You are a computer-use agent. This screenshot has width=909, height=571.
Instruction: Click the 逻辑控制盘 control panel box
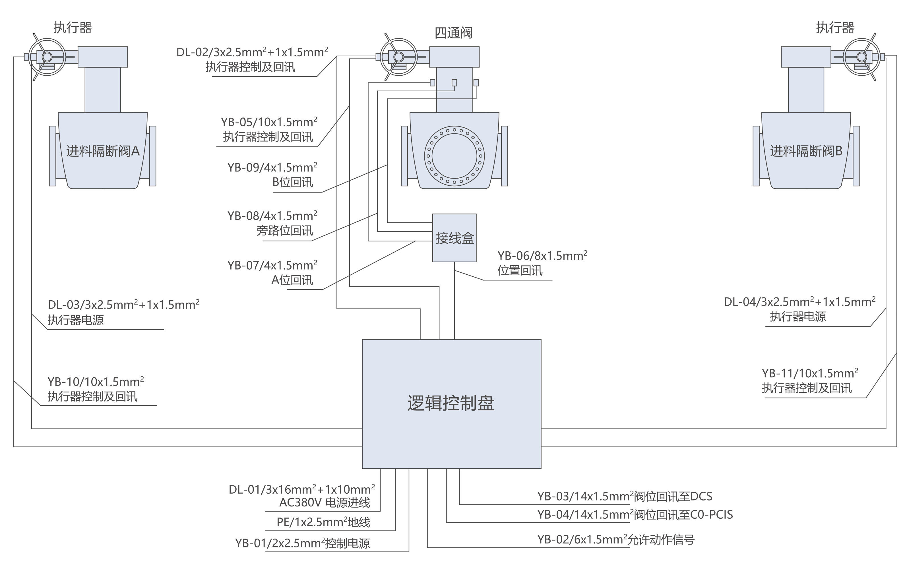451,404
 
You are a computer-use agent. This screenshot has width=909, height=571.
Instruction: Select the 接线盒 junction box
454,238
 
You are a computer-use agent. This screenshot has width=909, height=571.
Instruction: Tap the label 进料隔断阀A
103,151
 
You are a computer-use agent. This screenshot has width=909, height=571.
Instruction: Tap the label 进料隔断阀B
806,151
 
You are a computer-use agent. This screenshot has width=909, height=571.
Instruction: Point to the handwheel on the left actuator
47,57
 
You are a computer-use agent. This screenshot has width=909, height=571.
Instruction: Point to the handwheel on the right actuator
862,57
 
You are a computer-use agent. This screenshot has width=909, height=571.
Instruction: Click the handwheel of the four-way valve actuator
399,57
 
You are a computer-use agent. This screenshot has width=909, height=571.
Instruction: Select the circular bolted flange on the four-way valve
454,156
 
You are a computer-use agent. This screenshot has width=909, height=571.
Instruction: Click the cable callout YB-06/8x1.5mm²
542,256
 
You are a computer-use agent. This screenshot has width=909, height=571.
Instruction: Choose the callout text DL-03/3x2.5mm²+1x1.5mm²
123,305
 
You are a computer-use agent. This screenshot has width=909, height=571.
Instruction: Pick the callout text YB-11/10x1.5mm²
810,373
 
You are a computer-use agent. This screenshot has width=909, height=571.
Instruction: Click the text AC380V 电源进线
325,503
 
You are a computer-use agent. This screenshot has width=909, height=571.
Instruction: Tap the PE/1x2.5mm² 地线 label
323,522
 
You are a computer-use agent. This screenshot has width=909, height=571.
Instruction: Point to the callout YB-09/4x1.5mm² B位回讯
272,174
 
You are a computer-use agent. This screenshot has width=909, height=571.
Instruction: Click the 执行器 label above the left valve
73,28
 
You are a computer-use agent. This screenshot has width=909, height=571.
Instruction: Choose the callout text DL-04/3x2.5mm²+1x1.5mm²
799,302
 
